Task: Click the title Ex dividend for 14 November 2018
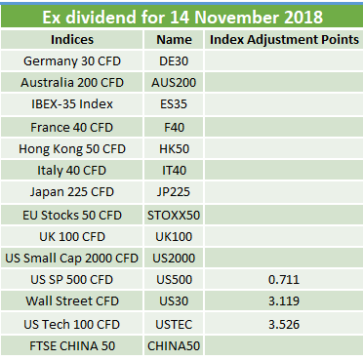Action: [x=182, y=17]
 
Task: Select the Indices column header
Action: [x=72, y=40]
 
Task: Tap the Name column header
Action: [x=174, y=40]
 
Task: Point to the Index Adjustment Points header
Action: [x=284, y=40]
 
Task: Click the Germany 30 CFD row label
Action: [x=72, y=61]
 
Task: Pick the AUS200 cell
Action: [x=174, y=83]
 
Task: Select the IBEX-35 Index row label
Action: [x=72, y=104]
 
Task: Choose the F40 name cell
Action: [x=174, y=127]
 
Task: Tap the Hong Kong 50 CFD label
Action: [x=72, y=149]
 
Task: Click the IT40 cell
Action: [x=174, y=171]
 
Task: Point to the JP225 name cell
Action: [x=174, y=192]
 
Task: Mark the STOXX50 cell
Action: [x=174, y=216]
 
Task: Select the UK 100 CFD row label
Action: [x=72, y=237]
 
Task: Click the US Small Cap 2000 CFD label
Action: [x=71, y=259]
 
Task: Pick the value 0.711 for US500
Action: [x=284, y=280]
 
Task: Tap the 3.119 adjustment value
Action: [x=284, y=301]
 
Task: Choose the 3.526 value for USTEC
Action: [x=284, y=325]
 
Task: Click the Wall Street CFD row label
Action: [x=72, y=301]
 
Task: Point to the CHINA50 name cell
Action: [x=174, y=346]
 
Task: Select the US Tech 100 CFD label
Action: [x=71, y=325]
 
